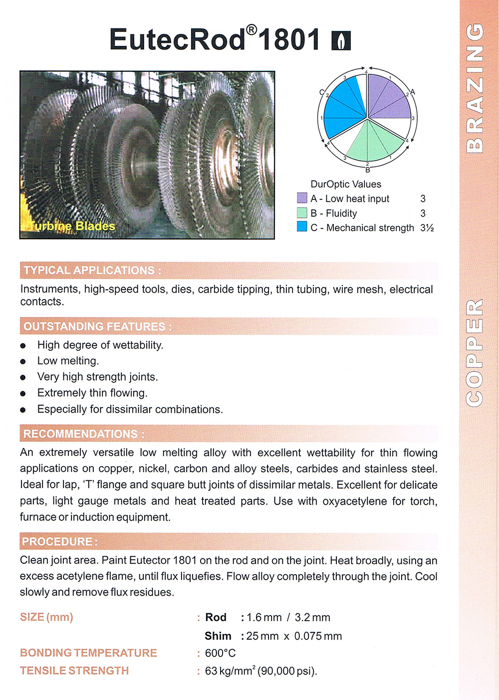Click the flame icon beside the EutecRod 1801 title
[x=341, y=40]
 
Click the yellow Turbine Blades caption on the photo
[x=73, y=226]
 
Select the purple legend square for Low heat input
[x=302, y=198]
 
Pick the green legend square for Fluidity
[x=302, y=213]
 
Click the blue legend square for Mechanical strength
[x=302, y=227]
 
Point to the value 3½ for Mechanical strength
[x=427, y=228]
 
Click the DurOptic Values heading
[x=345, y=184]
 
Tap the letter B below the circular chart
[x=368, y=170]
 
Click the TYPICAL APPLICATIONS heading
[x=92, y=271]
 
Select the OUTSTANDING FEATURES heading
[x=97, y=327]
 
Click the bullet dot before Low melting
[x=23, y=361]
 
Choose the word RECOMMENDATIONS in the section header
[x=81, y=434]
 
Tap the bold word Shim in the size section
[x=218, y=636]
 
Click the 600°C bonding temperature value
[x=220, y=653]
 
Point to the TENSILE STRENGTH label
[x=74, y=671]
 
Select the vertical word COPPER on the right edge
[x=475, y=352]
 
